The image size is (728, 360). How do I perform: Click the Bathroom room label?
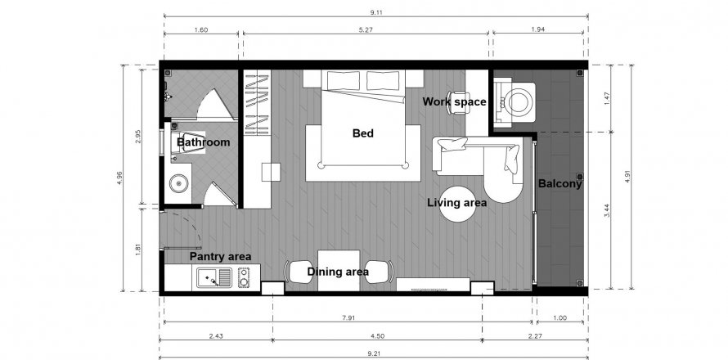[x=204, y=142]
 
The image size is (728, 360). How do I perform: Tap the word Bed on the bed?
[x=362, y=133]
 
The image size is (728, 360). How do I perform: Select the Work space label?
[x=454, y=101]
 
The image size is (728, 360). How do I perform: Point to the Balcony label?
[x=560, y=184]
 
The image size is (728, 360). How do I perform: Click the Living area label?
[x=457, y=203]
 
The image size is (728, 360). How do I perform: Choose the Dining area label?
[x=338, y=272]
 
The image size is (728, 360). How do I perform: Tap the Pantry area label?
[x=220, y=256]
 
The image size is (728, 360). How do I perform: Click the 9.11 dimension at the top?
[x=376, y=12]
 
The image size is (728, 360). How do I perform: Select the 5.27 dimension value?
[x=366, y=29]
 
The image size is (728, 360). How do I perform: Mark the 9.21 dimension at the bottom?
[x=374, y=354]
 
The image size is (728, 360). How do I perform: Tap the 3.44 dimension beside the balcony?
[x=608, y=210]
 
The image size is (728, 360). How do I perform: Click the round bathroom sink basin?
[x=178, y=184]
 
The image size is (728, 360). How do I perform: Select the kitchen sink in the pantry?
[x=214, y=278]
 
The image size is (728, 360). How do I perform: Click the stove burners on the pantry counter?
[x=244, y=277]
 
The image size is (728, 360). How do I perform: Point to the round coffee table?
[x=457, y=204]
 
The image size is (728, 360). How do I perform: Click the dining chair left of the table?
[x=297, y=272]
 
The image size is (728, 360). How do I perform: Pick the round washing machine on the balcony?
[x=518, y=102]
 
